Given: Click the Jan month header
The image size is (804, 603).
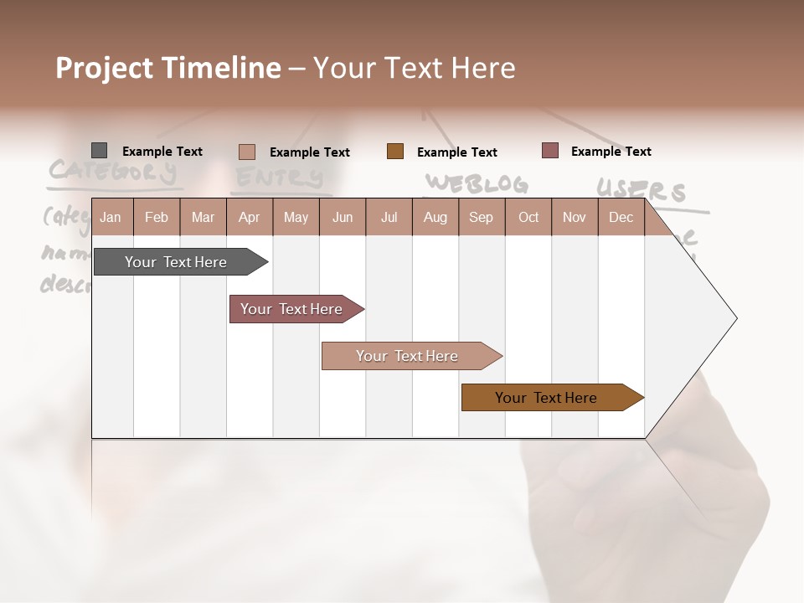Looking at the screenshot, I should tap(111, 217).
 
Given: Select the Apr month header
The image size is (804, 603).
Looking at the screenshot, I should tap(249, 217).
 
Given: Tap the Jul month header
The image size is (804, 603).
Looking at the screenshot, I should tap(389, 217).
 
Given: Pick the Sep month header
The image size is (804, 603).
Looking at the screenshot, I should tap(481, 217).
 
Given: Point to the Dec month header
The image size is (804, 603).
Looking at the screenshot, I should tap(621, 217).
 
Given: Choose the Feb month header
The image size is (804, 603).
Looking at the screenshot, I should tap(157, 217).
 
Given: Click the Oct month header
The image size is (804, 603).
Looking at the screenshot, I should tap(528, 217).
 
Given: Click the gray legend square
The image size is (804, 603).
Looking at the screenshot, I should tap(100, 151).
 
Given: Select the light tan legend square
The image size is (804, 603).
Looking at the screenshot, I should tap(247, 152).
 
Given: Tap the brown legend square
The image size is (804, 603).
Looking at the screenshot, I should tap(395, 152).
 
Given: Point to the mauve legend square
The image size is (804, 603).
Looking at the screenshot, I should tap(550, 151).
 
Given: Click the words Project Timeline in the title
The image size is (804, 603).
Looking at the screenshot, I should tap(168, 68).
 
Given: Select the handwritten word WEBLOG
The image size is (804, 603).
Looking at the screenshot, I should tap(476, 183).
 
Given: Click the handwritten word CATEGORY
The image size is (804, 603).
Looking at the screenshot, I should tap(112, 171).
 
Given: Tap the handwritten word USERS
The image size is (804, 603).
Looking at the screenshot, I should tap(642, 190).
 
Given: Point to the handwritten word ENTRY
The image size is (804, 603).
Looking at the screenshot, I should tap(279, 177).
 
